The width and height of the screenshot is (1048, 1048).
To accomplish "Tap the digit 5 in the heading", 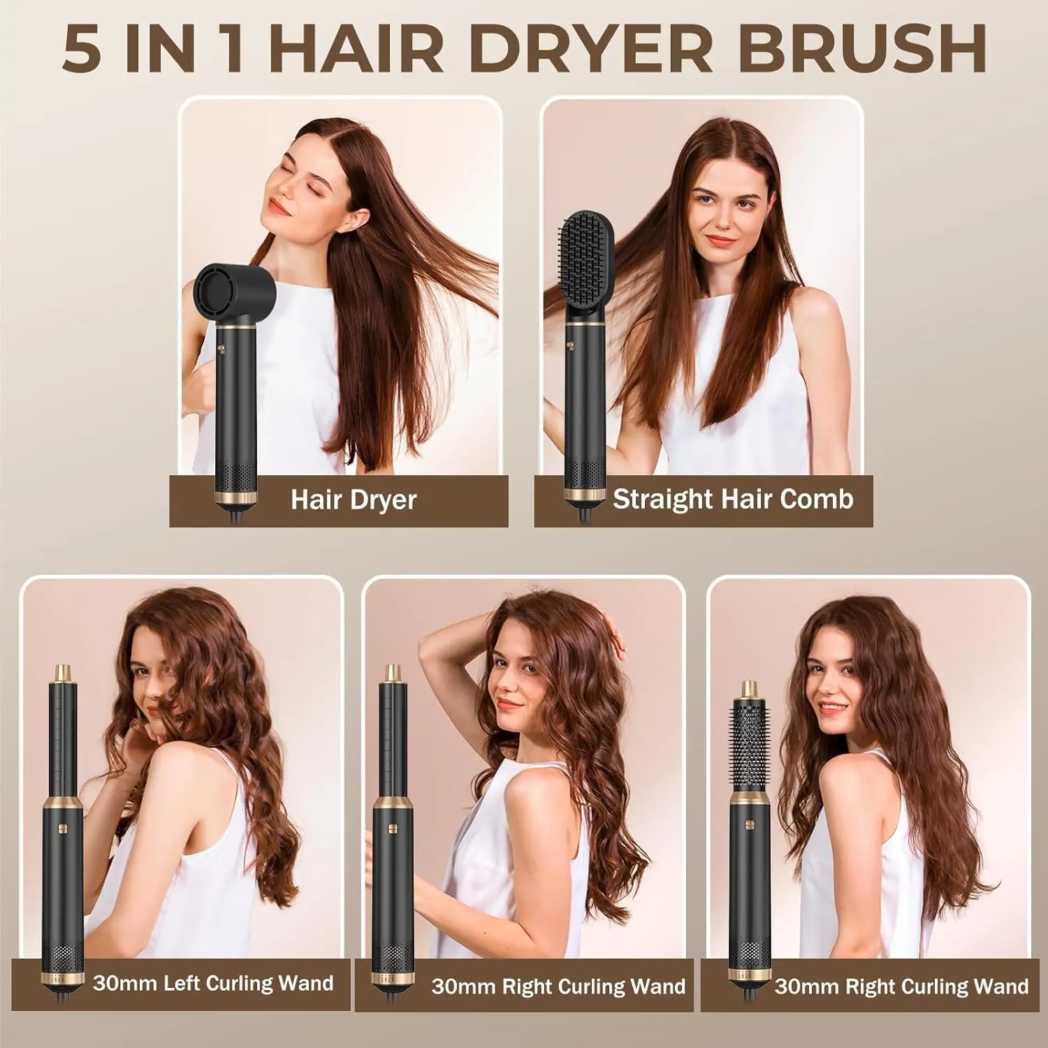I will [82, 48].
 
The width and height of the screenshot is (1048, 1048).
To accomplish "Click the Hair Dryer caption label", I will [354, 500].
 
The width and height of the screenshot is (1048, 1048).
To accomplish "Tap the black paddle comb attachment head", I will [585, 268].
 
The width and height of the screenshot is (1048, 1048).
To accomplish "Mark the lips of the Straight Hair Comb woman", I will [720, 241].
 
